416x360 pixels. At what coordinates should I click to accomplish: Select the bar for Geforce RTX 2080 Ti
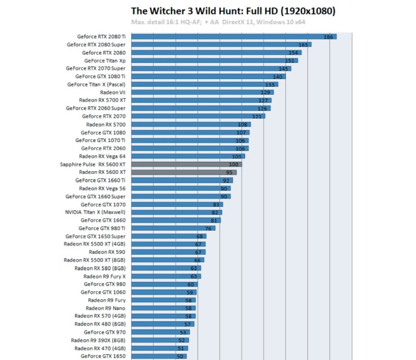233,36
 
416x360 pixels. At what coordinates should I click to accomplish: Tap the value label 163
303,44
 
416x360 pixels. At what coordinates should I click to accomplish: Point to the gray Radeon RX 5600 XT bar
183,172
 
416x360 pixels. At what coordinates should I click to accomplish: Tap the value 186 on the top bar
328,37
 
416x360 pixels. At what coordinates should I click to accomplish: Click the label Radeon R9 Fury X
105,276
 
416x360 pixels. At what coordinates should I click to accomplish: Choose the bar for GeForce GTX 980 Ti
173,228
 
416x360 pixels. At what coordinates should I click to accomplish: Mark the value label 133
270,84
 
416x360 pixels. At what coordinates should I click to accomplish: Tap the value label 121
257,117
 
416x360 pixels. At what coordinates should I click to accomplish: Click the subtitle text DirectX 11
237,22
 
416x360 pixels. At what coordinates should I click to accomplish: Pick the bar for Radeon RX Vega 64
188,156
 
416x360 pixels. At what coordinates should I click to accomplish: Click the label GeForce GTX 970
104,332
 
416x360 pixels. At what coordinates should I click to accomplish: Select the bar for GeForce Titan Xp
214,60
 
